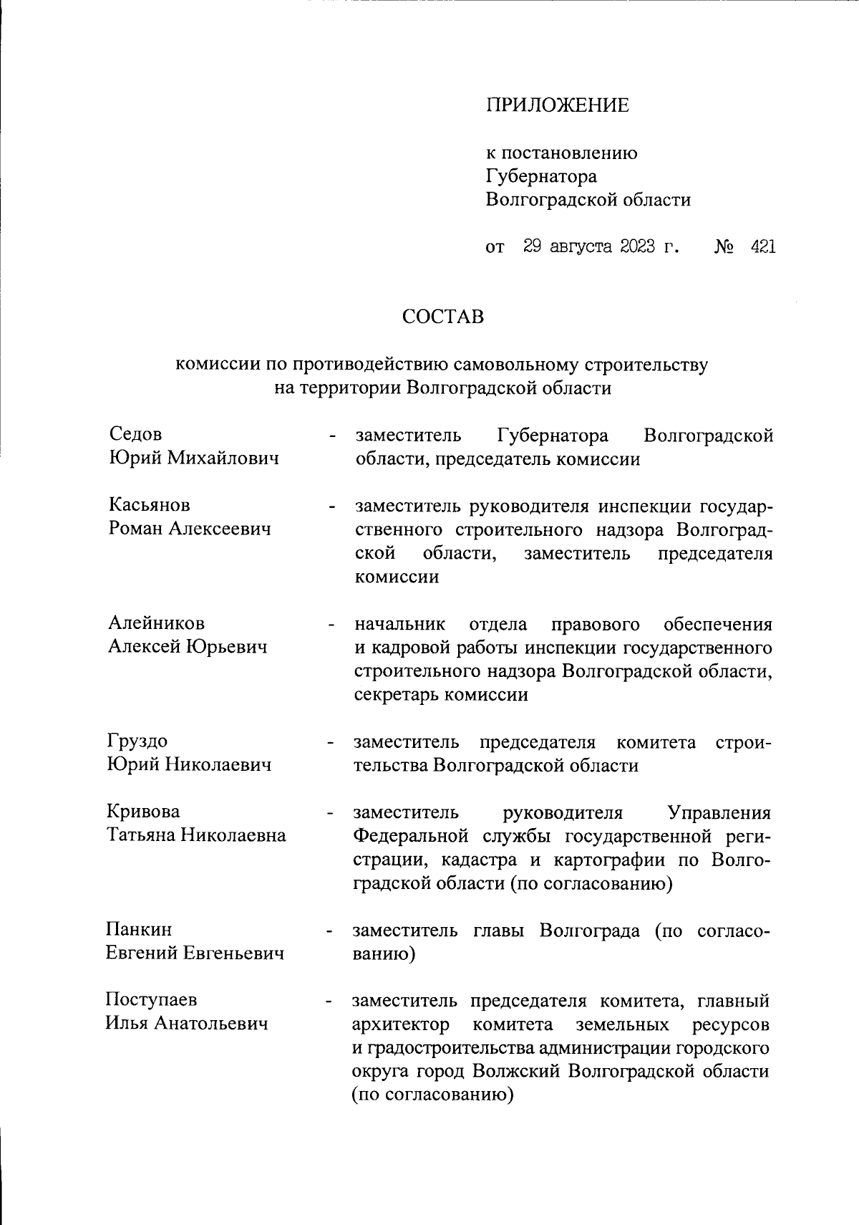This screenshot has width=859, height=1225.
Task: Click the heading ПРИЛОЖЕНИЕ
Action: point(558,106)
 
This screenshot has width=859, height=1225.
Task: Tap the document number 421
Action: point(762,247)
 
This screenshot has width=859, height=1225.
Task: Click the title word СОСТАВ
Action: point(443,317)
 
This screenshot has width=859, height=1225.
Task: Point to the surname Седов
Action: point(135,434)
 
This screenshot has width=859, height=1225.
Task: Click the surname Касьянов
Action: point(150,505)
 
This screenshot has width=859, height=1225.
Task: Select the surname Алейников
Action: point(156,623)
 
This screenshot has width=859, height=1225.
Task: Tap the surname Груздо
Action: point(137,741)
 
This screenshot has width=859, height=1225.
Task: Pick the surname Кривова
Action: point(143,812)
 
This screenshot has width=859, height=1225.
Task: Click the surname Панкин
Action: point(139,930)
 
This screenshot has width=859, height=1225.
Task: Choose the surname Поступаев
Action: point(151,1000)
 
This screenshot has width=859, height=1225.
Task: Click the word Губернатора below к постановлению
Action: point(541,176)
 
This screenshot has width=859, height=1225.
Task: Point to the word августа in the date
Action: point(580,247)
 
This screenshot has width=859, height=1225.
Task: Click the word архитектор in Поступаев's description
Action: point(401,1024)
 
